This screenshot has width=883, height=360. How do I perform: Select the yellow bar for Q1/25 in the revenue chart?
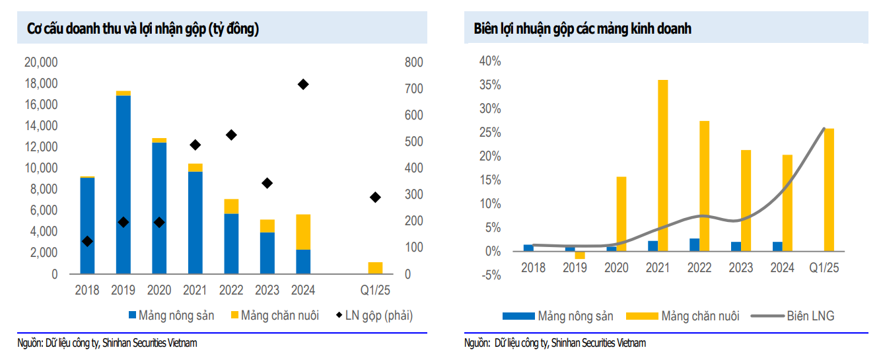coord(375,268)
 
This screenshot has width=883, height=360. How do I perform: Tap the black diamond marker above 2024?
coord(303,85)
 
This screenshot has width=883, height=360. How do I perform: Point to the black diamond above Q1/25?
coord(375,197)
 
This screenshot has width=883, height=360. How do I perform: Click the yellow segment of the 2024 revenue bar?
coord(303,232)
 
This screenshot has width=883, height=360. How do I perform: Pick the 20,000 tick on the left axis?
coord(41,63)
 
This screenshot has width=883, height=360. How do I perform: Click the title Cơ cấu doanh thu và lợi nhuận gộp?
coord(143,29)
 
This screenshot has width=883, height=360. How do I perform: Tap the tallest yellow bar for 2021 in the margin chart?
coord(662,165)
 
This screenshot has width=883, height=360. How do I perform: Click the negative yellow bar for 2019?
coord(580,255)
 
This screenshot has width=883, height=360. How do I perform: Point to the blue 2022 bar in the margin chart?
coord(694,245)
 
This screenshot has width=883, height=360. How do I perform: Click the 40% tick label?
coord(490,61)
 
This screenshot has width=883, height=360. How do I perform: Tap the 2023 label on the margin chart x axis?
coord(740,268)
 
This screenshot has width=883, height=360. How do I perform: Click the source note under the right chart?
coord(555,343)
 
